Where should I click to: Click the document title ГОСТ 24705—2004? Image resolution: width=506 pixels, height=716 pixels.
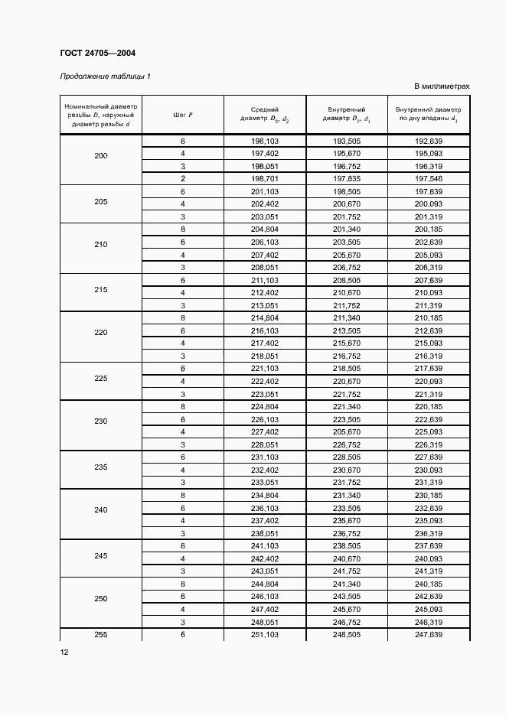point(97,53)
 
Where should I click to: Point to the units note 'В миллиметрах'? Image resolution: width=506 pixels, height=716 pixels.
point(442,86)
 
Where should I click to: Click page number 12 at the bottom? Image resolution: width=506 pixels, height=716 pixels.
point(64,652)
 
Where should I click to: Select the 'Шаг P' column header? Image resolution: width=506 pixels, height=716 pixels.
point(183,115)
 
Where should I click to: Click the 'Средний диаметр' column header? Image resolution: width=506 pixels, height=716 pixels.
point(264,115)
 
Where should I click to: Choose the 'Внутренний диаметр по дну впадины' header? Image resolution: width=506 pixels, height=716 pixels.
point(428,115)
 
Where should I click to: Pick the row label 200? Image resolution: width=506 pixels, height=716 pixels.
point(101,156)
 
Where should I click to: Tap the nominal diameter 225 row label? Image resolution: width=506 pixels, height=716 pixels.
point(101,379)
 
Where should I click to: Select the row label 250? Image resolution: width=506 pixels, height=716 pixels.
point(101,598)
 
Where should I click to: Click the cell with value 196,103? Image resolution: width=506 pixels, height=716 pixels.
point(264,142)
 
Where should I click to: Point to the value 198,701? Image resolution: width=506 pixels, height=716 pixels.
point(264,178)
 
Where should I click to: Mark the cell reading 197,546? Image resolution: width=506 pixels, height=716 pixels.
point(428,178)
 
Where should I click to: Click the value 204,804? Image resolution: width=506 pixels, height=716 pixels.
point(264,229)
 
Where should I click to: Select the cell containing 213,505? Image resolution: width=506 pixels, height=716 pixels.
point(346,330)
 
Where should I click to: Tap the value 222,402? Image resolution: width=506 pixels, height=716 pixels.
point(264,381)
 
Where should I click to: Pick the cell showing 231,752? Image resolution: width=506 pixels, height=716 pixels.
point(346,483)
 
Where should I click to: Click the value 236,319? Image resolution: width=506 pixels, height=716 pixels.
point(428,533)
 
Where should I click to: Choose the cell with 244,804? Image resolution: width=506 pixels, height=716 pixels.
point(264,584)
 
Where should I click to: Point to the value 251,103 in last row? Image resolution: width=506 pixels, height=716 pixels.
point(264,635)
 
